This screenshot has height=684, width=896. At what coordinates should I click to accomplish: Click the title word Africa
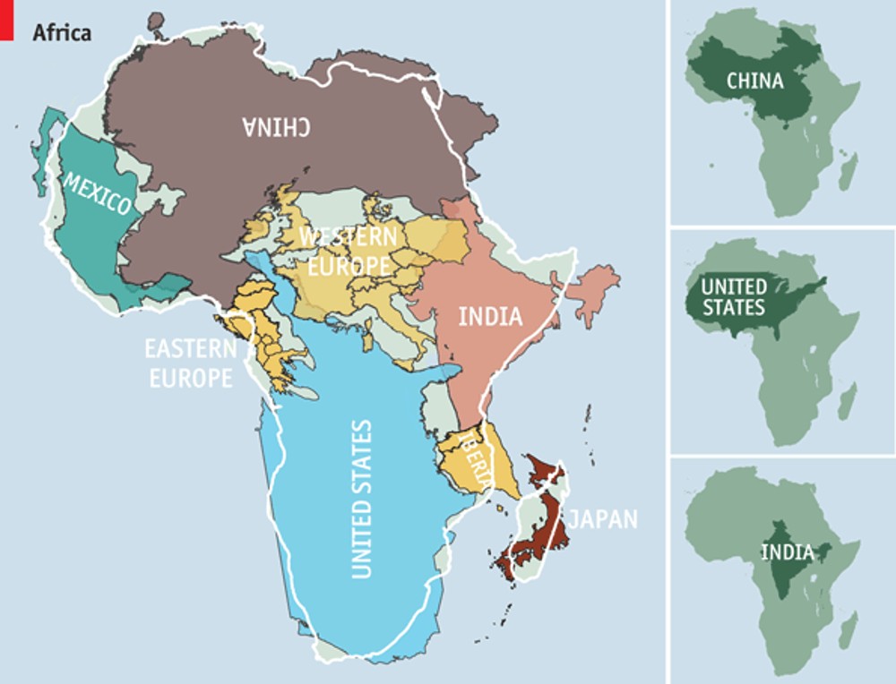click(x=62, y=33)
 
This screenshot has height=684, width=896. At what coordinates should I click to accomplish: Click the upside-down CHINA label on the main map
click(x=276, y=127)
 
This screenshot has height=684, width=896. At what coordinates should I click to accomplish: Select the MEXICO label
click(x=97, y=192)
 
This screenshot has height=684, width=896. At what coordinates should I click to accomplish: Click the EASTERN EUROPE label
click(x=190, y=363)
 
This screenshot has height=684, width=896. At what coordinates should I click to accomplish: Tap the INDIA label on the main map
click(x=489, y=316)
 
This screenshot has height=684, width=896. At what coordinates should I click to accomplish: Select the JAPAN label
click(x=604, y=518)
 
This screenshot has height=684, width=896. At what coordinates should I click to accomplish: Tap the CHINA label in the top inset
click(x=754, y=81)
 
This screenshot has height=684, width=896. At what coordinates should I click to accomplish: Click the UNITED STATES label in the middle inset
click(x=733, y=297)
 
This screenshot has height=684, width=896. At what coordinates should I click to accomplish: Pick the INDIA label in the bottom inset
click(x=787, y=551)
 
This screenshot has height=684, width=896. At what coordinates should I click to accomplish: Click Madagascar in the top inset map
click(x=848, y=171)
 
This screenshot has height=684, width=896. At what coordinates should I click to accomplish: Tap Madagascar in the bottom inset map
click(x=848, y=630)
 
